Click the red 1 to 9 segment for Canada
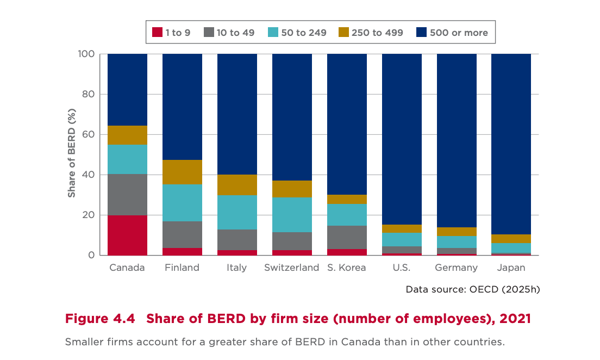(127, 235)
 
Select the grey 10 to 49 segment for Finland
(182, 234)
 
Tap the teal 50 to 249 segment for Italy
(237, 212)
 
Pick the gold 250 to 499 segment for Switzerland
(292, 189)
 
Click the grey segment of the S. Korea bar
(347, 237)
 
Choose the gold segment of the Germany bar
(457, 231)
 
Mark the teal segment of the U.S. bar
(402, 239)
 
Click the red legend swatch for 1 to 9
(157, 33)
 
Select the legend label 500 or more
(459, 33)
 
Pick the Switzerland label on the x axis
(292, 268)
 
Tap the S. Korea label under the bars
(347, 268)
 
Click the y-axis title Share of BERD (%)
(71, 154)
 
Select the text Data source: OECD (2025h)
(473, 289)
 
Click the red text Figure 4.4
(100, 319)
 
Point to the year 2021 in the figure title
(514, 319)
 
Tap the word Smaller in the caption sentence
(84, 343)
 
